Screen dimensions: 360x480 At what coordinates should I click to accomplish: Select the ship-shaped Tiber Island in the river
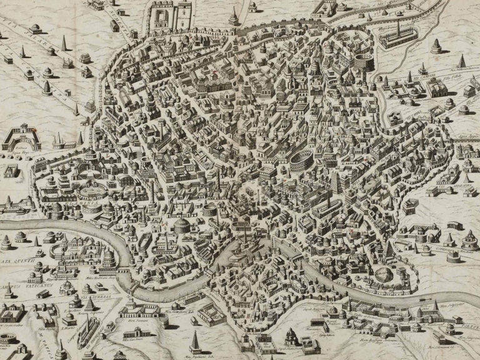244,247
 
